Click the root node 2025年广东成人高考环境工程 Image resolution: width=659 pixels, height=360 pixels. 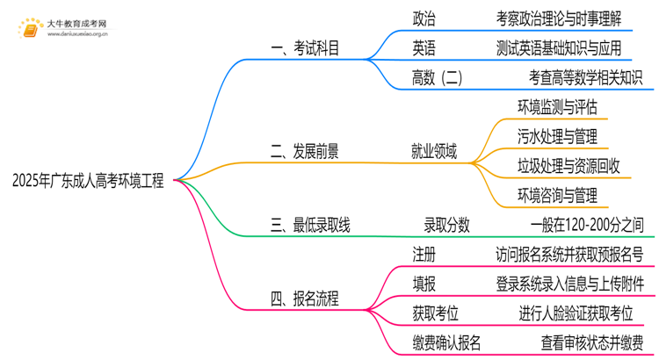tap(88, 181)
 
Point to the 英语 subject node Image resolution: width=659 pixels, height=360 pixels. tap(424, 47)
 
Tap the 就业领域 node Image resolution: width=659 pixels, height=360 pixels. tap(434, 151)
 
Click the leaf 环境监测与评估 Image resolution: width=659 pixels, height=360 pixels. tap(558, 107)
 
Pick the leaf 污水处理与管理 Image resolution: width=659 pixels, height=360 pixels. tap(558, 136)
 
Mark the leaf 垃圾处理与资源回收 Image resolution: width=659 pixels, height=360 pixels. tap(569, 165)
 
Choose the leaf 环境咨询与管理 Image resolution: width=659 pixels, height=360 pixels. tap(558, 194)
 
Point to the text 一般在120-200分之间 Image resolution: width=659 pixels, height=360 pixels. tap(593, 226)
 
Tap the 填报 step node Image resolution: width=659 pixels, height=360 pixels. tap(424, 284)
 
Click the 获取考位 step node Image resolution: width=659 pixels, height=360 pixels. tap(436, 313)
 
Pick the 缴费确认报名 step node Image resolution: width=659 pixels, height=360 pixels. tap(447, 342)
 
